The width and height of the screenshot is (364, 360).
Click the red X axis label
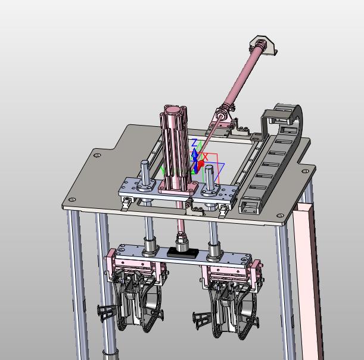206,156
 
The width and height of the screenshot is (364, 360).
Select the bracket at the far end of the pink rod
263,45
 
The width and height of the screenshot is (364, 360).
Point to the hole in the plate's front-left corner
73,199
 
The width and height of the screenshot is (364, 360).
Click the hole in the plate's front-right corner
281,215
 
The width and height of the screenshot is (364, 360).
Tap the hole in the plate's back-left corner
98,155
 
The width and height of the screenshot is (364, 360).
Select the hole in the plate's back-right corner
306,171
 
